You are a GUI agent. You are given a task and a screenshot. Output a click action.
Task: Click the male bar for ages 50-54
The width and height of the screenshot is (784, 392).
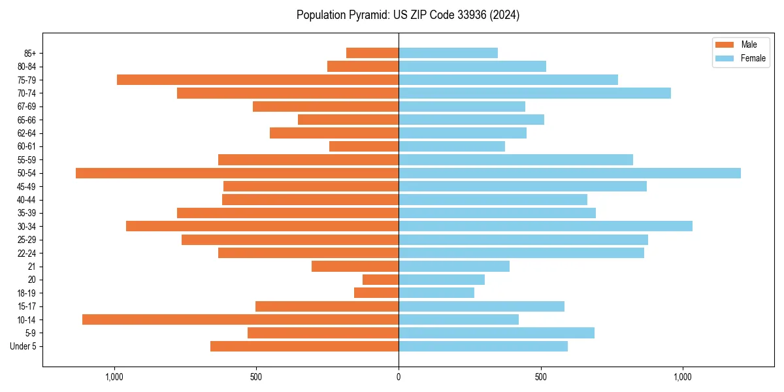[237, 173]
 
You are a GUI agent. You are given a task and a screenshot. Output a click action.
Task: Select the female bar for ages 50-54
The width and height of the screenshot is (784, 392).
[570, 173]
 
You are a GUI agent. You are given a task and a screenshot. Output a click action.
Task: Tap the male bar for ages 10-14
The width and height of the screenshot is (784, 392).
[240, 319]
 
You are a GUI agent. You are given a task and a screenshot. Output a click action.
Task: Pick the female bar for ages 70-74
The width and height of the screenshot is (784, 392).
[534, 93]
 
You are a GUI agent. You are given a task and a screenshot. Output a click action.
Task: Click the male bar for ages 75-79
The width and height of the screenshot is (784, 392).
[257, 80]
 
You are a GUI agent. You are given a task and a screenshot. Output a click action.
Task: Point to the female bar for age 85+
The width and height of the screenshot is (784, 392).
[448, 53]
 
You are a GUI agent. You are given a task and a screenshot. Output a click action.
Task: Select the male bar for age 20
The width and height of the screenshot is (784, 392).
[380, 280]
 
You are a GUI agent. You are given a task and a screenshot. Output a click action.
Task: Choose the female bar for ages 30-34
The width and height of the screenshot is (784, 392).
[546, 226]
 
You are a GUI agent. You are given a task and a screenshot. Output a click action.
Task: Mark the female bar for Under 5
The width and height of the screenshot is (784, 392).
[483, 346]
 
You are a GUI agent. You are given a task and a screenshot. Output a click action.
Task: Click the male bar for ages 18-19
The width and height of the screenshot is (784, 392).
[376, 293]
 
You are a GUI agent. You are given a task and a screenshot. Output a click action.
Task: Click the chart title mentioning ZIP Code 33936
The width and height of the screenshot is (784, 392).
[408, 15]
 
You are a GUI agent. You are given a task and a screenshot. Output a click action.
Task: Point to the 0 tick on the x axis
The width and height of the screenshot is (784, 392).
[399, 376]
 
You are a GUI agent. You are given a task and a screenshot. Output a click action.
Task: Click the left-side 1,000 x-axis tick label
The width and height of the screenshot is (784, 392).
[114, 376]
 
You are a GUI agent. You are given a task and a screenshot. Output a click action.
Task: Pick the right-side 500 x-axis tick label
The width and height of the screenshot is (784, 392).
[540, 376]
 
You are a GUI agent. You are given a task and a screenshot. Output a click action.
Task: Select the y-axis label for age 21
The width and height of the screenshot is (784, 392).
[32, 267]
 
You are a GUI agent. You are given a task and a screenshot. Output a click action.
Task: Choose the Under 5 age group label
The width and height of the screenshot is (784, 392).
[24, 346]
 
